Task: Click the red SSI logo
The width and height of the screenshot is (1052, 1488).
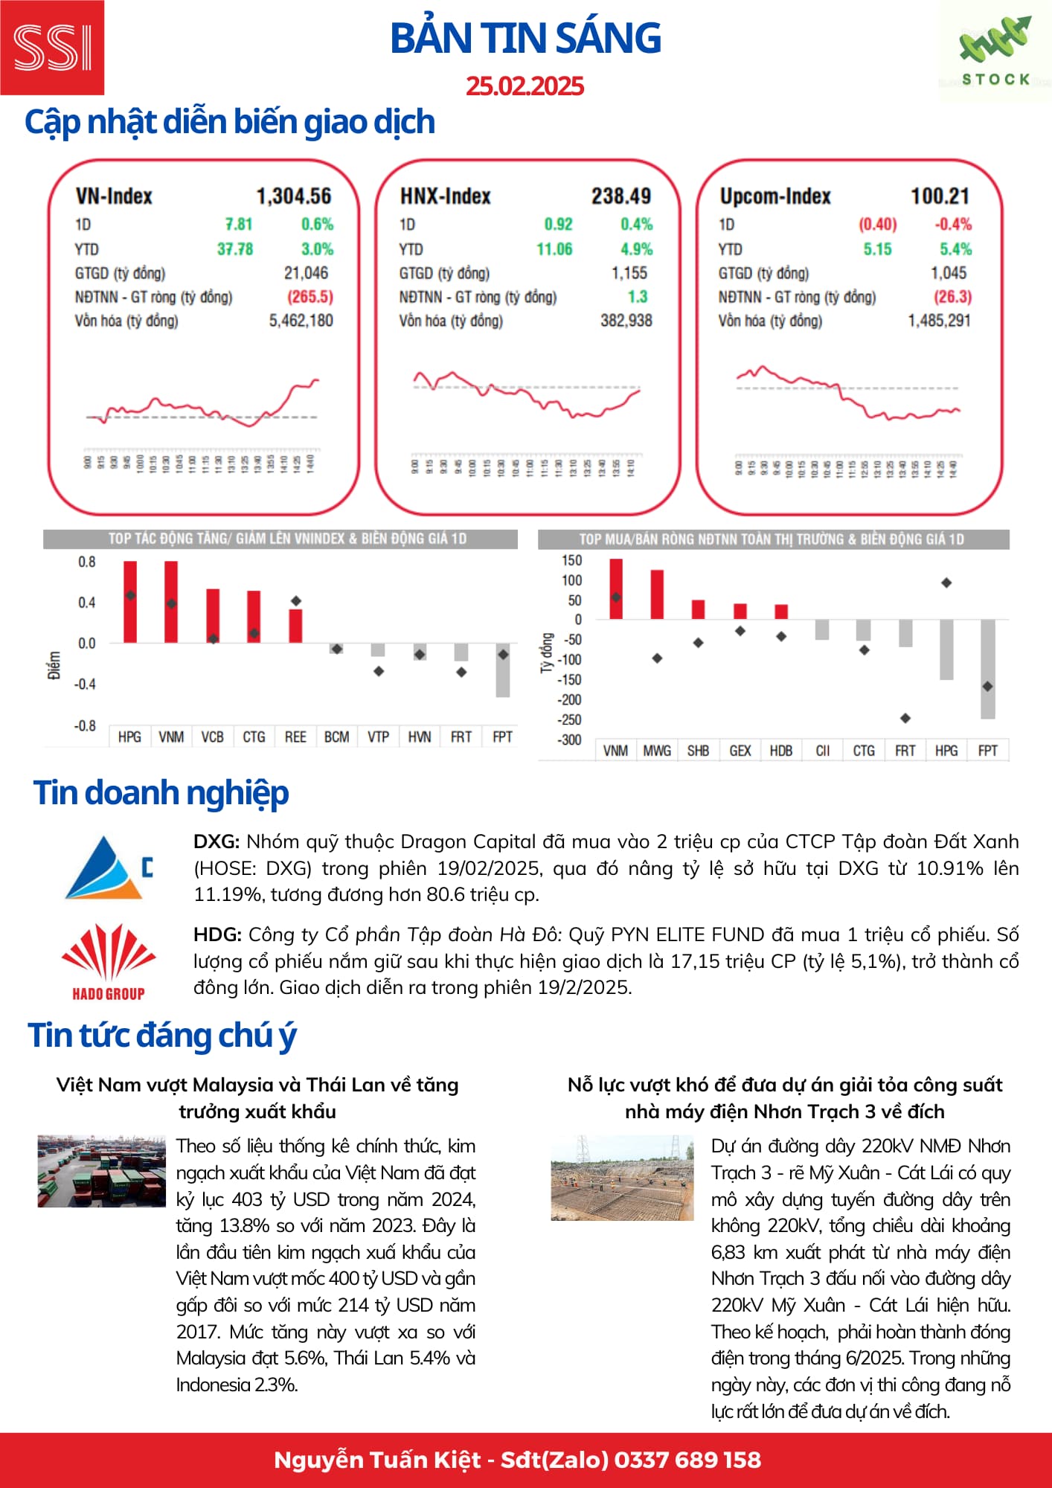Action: point(52,48)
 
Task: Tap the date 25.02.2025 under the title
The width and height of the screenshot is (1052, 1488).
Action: point(525,86)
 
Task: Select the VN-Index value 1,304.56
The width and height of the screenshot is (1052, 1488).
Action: point(294,196)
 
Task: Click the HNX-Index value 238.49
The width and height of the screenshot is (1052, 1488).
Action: point(620,196)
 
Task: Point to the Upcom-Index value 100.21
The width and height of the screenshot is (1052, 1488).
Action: point(940,196)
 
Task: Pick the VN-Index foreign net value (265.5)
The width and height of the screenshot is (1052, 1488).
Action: point(310,297)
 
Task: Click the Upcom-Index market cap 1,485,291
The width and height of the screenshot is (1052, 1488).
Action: point(939,321)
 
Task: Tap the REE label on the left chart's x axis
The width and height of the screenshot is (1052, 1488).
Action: point(295,737)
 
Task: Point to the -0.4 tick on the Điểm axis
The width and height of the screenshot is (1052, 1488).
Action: point(86,684)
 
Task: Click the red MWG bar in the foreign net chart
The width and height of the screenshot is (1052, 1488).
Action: point(657,594)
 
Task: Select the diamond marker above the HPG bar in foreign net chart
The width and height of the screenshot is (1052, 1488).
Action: point(946,583)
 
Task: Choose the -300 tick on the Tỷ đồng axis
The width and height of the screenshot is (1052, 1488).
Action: point(570,740)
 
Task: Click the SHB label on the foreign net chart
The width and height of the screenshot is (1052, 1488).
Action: point(698,751)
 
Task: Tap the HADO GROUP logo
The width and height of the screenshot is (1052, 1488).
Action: point(109,961)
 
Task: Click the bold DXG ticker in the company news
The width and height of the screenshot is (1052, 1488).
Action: point(216,841)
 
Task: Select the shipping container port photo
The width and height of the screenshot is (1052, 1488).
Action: point(102,1170)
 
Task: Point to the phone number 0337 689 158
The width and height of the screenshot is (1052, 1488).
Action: point(687,1460)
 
